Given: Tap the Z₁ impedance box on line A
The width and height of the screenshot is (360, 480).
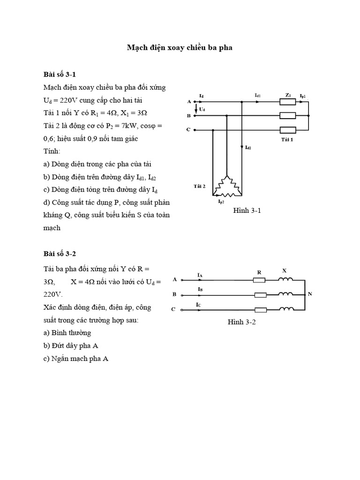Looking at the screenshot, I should click(287, 102).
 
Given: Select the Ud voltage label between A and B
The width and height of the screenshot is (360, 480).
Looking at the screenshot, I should click(202, 109).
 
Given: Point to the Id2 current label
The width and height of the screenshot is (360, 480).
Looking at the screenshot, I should click(248, 148).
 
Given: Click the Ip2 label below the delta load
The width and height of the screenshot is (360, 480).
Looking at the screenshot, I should click(221, 202).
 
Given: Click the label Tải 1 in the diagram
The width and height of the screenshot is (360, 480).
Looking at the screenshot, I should click(287, 140).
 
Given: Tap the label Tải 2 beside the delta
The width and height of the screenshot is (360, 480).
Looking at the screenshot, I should click(199, 186).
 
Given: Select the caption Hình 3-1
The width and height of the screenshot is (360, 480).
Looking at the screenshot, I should click(247, 211).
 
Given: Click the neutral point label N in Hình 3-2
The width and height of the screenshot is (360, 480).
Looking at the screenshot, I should click(309, 294).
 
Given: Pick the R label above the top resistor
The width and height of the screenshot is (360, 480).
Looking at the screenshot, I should click(259, 272).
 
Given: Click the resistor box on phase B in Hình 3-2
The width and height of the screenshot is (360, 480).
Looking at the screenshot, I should click(260, 295).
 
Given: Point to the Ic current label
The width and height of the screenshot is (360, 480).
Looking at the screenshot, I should click(199, 305).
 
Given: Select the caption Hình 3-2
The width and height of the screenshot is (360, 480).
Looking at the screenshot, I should click(241, 322).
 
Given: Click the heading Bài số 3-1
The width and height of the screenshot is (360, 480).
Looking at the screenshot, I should click(60, 74).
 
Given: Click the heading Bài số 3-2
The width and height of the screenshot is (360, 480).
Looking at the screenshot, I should click(60, 254).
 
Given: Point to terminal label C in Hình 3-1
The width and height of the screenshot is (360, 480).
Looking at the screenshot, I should click(188, 130).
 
